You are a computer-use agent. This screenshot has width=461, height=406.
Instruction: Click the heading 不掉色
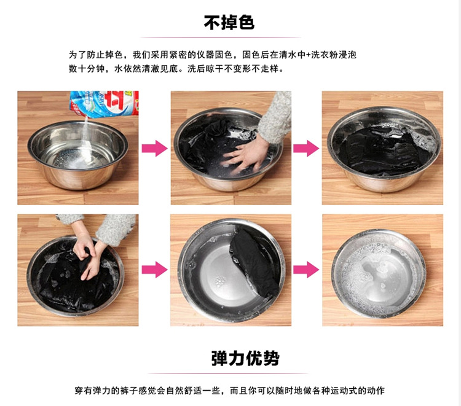coord(229,23)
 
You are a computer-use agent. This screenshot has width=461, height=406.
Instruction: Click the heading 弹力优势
coord(245,358)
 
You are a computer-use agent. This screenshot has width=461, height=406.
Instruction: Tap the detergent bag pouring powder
coord(104,103)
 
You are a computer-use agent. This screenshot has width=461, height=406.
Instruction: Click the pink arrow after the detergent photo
coord(155,148)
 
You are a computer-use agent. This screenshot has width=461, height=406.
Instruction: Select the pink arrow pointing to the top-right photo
coord(306,148)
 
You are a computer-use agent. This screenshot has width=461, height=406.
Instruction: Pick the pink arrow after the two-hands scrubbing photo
coord(155,270)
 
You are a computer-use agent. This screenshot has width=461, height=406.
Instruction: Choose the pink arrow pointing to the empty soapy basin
coord(306,270)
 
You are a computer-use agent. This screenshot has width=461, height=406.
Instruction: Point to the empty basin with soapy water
coord(379,274)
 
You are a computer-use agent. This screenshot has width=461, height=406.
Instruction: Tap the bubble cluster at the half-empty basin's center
coord(219,282)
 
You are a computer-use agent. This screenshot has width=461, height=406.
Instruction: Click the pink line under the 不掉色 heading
coord(221,37)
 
